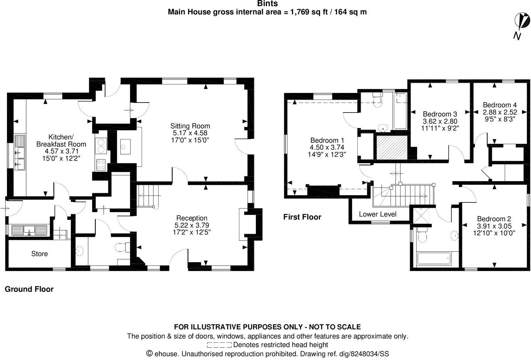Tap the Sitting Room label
tap(190, 126)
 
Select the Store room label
tap(39, 254)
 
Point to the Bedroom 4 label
tap(500, 105)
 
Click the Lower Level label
tap(378, 214)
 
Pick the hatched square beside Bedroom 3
tap(392, 148)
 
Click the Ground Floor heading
tap(29, 289)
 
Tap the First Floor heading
tap(302, 217)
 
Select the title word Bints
tap(267, 4)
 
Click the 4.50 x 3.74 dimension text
tap(327, 147)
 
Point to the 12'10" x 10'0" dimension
tap(494, 233)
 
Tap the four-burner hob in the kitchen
tap(101, 165)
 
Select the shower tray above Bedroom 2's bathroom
tap(421, 215)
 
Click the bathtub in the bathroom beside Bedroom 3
tap(400, 111)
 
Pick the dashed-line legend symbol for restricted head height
tap(219, 345)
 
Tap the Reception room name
tap(192, 218)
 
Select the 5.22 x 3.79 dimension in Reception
tap(192, 225)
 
